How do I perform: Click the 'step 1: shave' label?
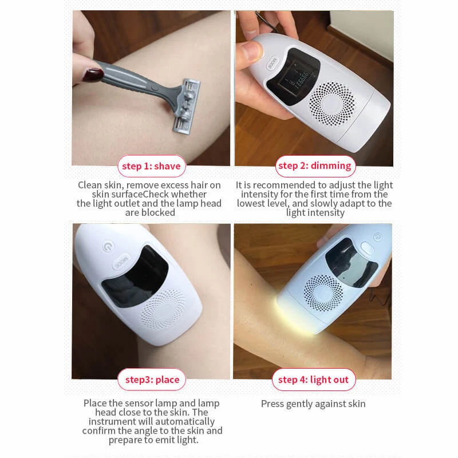pyautogui.click(x=151, y=167)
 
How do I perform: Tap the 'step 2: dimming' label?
pyautogui.click(x=314, y=166)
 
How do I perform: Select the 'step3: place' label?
pyautogui.click(x=152, y=380)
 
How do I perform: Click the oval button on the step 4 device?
pyautogui.click(x=368, y=247)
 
